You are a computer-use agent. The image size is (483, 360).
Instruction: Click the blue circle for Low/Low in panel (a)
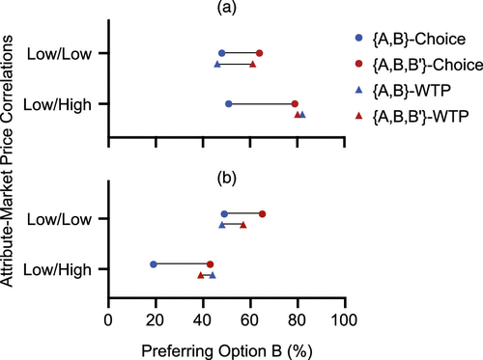coord(222,53)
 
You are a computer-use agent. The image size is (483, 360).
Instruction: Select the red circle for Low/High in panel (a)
coord(295,104)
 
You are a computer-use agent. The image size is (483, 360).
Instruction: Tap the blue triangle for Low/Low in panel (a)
coord(217,65)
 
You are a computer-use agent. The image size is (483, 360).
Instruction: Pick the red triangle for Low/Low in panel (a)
coord(253,65)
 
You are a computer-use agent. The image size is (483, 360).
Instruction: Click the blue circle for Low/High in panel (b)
coord(154,264)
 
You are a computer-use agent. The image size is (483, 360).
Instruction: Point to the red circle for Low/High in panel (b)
coord(211,264)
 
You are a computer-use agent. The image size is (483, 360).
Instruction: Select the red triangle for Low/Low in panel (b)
coord(243,225)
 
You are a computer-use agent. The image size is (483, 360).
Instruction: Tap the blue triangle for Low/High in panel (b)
coord(213,275)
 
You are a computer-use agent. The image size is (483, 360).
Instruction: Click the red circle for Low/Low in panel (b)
coord(263,214)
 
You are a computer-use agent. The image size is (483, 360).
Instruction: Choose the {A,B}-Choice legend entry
coord(410,39)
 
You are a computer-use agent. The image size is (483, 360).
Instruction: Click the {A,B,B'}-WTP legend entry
coord(412,116)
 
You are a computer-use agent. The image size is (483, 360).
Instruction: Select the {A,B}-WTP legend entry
coord(403,91)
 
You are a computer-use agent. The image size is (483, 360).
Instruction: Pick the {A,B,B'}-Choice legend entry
coord(418,65)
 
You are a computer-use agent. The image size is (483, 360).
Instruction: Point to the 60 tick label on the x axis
coord(250,320)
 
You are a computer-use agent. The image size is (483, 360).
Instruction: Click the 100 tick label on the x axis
coord(344,320)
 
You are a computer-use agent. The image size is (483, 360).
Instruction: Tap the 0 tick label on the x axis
coord(108,320)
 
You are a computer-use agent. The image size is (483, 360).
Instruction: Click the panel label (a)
coord(227,8)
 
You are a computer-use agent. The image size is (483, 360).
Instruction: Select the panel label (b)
coord(227,178)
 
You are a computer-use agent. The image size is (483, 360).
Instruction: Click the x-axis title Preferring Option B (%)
coord(227,351)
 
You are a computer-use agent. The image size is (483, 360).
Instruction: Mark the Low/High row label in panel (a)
coord(58,105)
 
